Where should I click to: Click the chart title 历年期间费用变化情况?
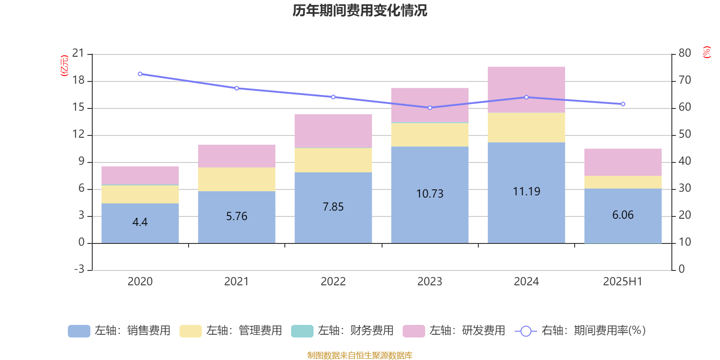tap(360, 10)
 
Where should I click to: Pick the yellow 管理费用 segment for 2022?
tap(333, 160)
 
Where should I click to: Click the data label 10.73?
tap(430, 194)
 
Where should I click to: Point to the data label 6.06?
tap(623, 215)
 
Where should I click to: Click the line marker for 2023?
tap(430, 108)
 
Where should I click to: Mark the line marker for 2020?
tap(140, 74)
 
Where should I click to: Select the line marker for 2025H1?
tap(623, 104)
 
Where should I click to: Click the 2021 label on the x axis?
tap(236, 282)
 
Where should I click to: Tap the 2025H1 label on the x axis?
tap(623, 282)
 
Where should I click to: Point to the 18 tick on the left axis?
tap(78, 81)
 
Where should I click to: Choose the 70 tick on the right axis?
tap(684, 80)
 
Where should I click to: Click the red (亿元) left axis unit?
tap(64, 66)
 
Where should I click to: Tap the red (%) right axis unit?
tap(706, 52)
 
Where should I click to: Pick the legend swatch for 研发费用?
tap(414, 331)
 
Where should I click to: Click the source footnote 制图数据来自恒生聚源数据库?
tap(360, 355)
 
